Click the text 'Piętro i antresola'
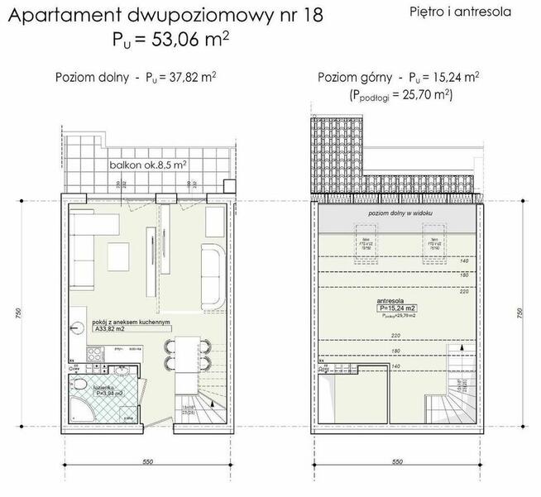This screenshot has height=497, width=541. coord(460,12)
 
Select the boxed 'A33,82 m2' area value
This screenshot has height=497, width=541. coord(111,329)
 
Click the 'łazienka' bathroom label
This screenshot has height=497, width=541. coord(105,386)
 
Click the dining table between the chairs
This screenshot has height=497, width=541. coord(184,354)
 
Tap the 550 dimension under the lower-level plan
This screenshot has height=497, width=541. coord(147,461)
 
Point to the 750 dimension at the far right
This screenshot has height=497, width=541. coord(519,314)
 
